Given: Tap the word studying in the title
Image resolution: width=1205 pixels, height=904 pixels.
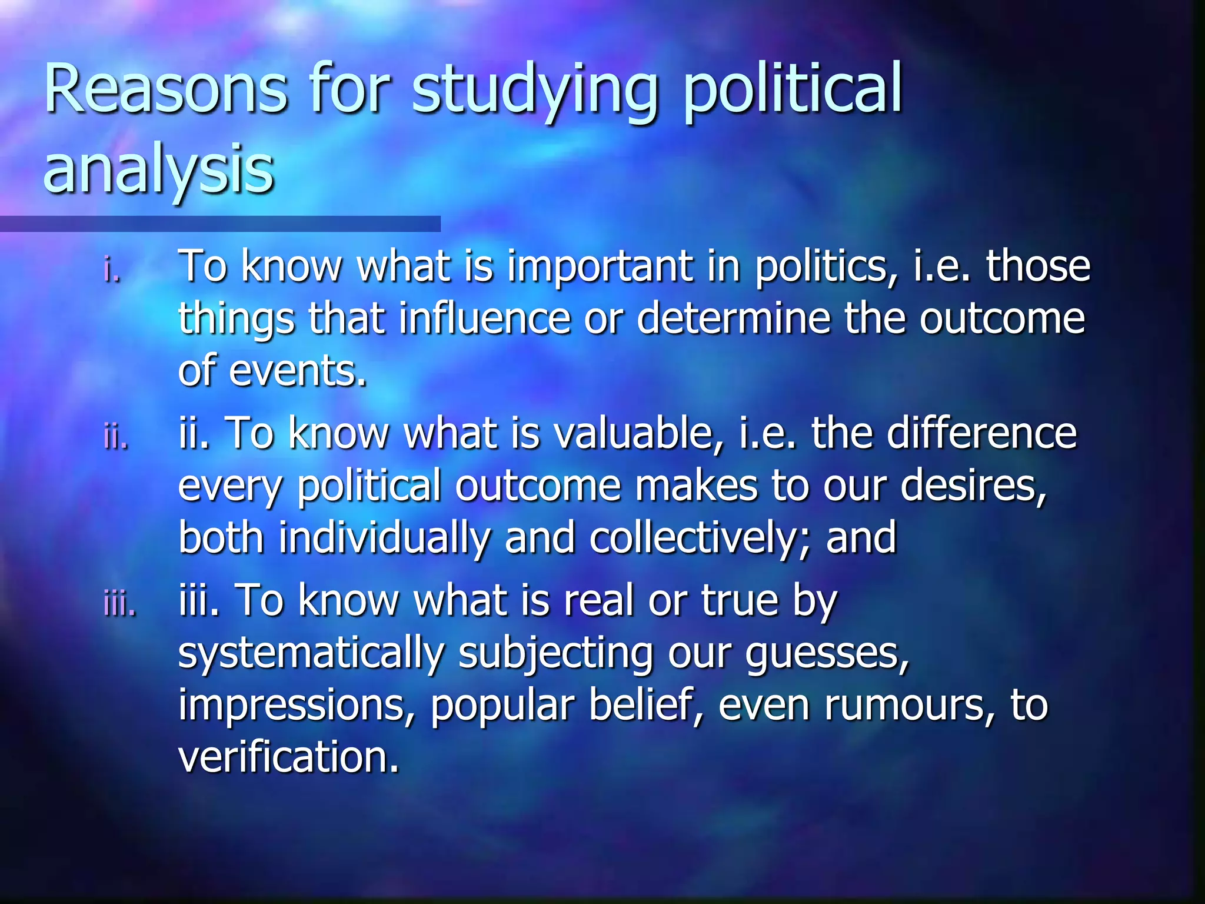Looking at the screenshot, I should pyautogui.click(x=534, y=91).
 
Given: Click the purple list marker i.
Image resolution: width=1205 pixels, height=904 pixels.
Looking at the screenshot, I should pyautogui.click(x=112, y=271).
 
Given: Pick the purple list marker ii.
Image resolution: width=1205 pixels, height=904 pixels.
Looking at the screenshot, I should pyautogui.click(x=115, y=437).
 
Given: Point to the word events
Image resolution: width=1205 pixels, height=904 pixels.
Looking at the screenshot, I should pyautogui.click(x=298, y=371).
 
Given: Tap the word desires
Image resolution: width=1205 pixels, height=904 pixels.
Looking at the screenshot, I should pyautogui.click(x=973, y=486).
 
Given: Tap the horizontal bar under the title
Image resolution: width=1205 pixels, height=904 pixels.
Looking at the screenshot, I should pyautogui.click(x=220, y=224).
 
